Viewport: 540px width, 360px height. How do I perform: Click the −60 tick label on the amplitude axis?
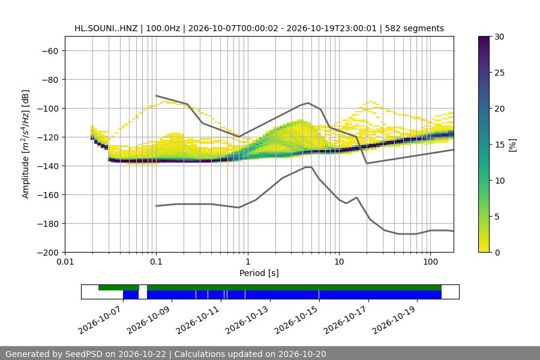[50, 51]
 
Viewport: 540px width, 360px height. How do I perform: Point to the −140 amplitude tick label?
[48, 166]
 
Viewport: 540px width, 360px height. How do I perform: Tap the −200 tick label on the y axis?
[48, 253]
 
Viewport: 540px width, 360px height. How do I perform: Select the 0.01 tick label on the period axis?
[65, 262]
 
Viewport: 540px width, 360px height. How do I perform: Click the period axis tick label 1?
[248, 262]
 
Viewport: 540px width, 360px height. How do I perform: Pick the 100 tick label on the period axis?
[430, 262]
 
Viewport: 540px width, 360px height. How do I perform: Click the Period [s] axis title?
[259, 273]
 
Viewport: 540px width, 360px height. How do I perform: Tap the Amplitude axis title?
[26, 144]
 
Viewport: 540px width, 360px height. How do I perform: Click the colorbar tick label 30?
[499, 37]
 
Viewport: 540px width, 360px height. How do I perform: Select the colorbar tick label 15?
[499, 145]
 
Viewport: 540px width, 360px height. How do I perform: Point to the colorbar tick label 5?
[497, 217]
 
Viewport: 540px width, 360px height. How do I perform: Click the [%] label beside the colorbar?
[512, 145]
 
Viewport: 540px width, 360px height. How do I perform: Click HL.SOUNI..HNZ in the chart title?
[106, 28]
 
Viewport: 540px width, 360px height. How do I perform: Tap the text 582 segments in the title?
[414, 28]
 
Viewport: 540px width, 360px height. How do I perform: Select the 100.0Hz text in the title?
[163, 28]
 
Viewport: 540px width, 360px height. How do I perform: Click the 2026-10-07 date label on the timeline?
[100, 320]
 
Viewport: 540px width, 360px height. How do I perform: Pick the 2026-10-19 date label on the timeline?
[394, 320]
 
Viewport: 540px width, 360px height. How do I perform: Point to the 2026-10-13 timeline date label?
[247, 320]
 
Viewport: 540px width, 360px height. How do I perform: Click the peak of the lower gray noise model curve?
[308, 167]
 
